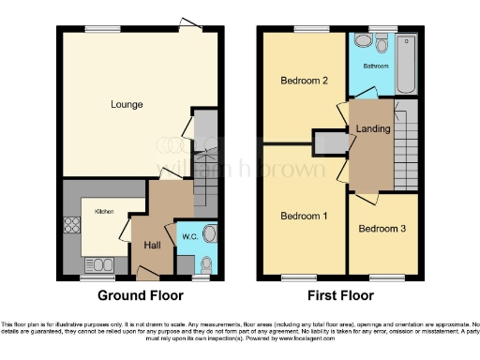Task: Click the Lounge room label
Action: [x=127, y=104]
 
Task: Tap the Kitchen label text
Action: [x=103, y=212]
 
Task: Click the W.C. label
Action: [x=187, y=235]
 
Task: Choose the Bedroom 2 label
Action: [x=304, y=81]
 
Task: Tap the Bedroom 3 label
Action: [x=382, y=229]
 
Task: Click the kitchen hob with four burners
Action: [x=70, y=226]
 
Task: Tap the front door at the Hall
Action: [x=146, y=273]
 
